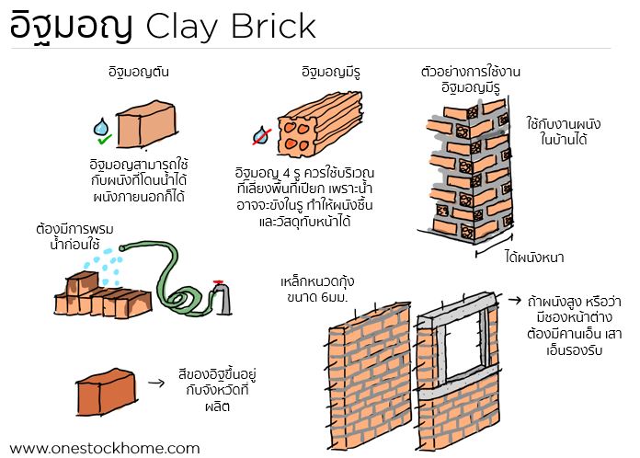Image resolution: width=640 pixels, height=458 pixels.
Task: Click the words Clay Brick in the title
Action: [231, 27]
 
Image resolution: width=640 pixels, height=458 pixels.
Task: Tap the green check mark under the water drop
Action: [105, 140]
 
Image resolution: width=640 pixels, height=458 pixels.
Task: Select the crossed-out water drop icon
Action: [261, 136]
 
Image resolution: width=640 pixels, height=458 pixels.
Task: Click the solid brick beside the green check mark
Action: [146, 124]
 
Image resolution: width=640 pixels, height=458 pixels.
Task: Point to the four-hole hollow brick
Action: [320, 123]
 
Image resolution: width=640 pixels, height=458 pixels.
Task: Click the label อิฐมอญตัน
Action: [139, 73]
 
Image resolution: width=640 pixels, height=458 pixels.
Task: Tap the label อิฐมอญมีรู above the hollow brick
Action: [331, 73]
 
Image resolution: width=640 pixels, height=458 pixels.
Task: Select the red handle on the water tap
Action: [218, 281]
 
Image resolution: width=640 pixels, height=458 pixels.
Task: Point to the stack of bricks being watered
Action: [103, 295]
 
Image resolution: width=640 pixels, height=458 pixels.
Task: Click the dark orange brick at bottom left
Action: [107, 392]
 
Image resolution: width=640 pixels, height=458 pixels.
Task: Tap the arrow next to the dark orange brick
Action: [156, 383]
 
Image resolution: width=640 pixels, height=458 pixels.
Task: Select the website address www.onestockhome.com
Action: [105, 448]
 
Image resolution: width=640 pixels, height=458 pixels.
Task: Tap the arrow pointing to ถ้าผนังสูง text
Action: [515, 301]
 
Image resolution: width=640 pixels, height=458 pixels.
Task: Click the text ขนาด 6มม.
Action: [317, 297]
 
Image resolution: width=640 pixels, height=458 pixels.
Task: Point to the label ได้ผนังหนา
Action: [534, 258]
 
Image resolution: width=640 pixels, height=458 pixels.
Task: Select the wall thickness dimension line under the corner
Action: [495, 246]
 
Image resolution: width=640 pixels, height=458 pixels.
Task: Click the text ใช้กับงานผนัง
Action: [564, 123]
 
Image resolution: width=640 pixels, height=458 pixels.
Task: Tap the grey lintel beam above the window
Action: [457, 310]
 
